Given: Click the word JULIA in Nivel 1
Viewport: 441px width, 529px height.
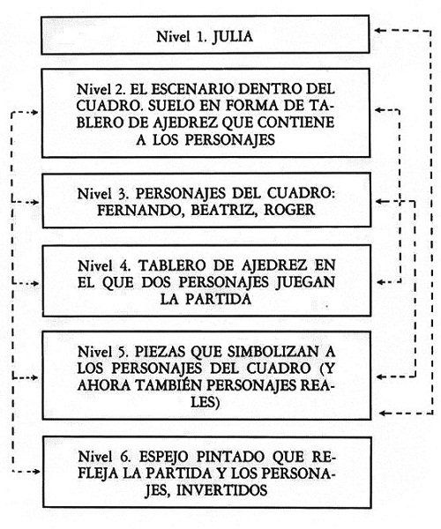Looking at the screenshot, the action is coord(233,37).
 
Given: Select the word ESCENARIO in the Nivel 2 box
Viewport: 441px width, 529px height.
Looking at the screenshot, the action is coord(192,89).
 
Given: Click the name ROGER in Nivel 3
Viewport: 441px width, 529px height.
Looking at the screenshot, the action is coord(289,210).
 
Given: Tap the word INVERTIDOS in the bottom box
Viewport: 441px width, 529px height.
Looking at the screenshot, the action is coord(222,490).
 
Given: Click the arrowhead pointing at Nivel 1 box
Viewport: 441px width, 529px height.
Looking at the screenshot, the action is coord(378,30).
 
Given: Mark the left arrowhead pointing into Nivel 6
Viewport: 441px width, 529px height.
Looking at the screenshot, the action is coord(36,472).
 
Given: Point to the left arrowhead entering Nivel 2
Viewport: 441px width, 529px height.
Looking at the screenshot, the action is coord(35,113).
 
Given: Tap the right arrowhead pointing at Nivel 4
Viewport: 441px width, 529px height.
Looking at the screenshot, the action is coord(381,282).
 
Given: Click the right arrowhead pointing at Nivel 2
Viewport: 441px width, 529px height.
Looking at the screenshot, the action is coord(379,109).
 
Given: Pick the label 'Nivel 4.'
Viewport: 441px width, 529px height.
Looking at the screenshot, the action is coord(104,266).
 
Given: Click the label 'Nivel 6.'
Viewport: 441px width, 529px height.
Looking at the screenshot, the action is coord(104,457).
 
